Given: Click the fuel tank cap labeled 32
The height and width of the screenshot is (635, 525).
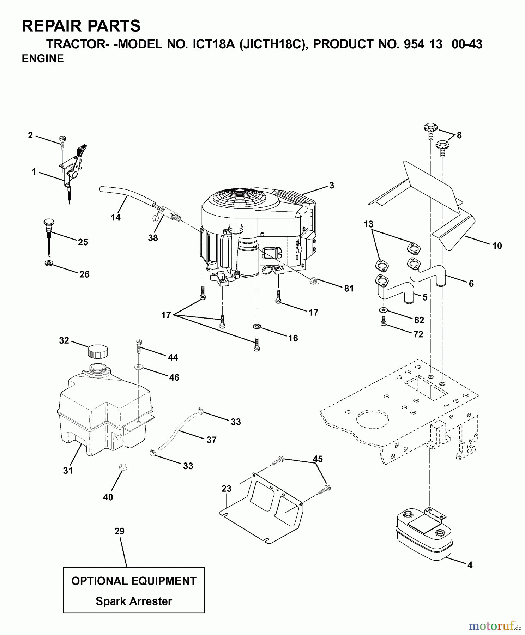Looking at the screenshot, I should [97, 352].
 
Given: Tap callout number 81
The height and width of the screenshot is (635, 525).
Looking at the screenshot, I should [349, 288].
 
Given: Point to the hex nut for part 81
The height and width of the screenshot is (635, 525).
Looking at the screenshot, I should [313, 281].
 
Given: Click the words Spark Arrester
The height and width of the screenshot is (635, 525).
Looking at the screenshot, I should [134, 601].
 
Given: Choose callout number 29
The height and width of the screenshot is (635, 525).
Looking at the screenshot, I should [120, 531].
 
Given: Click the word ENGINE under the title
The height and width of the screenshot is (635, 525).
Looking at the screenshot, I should [43, 59].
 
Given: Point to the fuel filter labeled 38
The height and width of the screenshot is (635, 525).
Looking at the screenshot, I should [167, 214].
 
